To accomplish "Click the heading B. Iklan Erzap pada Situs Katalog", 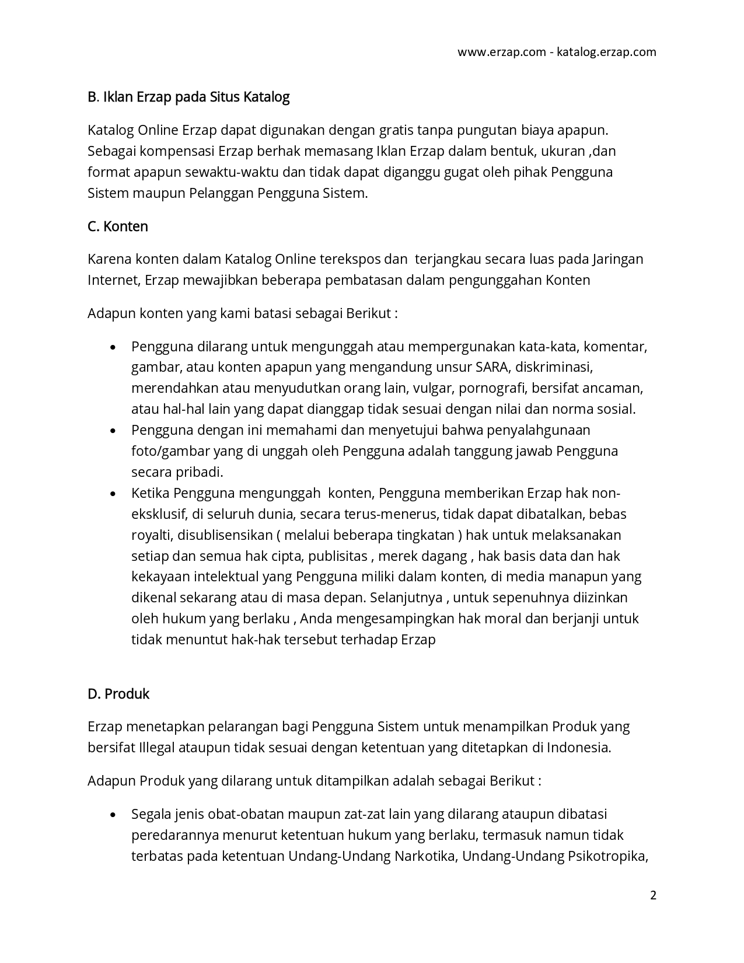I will [x=188, y=97].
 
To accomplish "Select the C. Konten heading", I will [x=118, y=226].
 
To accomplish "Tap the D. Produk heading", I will [x=118, y=694].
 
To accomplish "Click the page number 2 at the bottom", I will [x=653, y=895].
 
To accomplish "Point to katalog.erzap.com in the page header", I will [x=606, y=52].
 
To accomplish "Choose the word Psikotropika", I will [x=607, y=856].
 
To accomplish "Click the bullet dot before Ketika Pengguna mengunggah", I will [x=113, y=494].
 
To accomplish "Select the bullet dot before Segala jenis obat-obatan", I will [x=113, y=815].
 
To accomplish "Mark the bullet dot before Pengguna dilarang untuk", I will [x=113, y=347].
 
